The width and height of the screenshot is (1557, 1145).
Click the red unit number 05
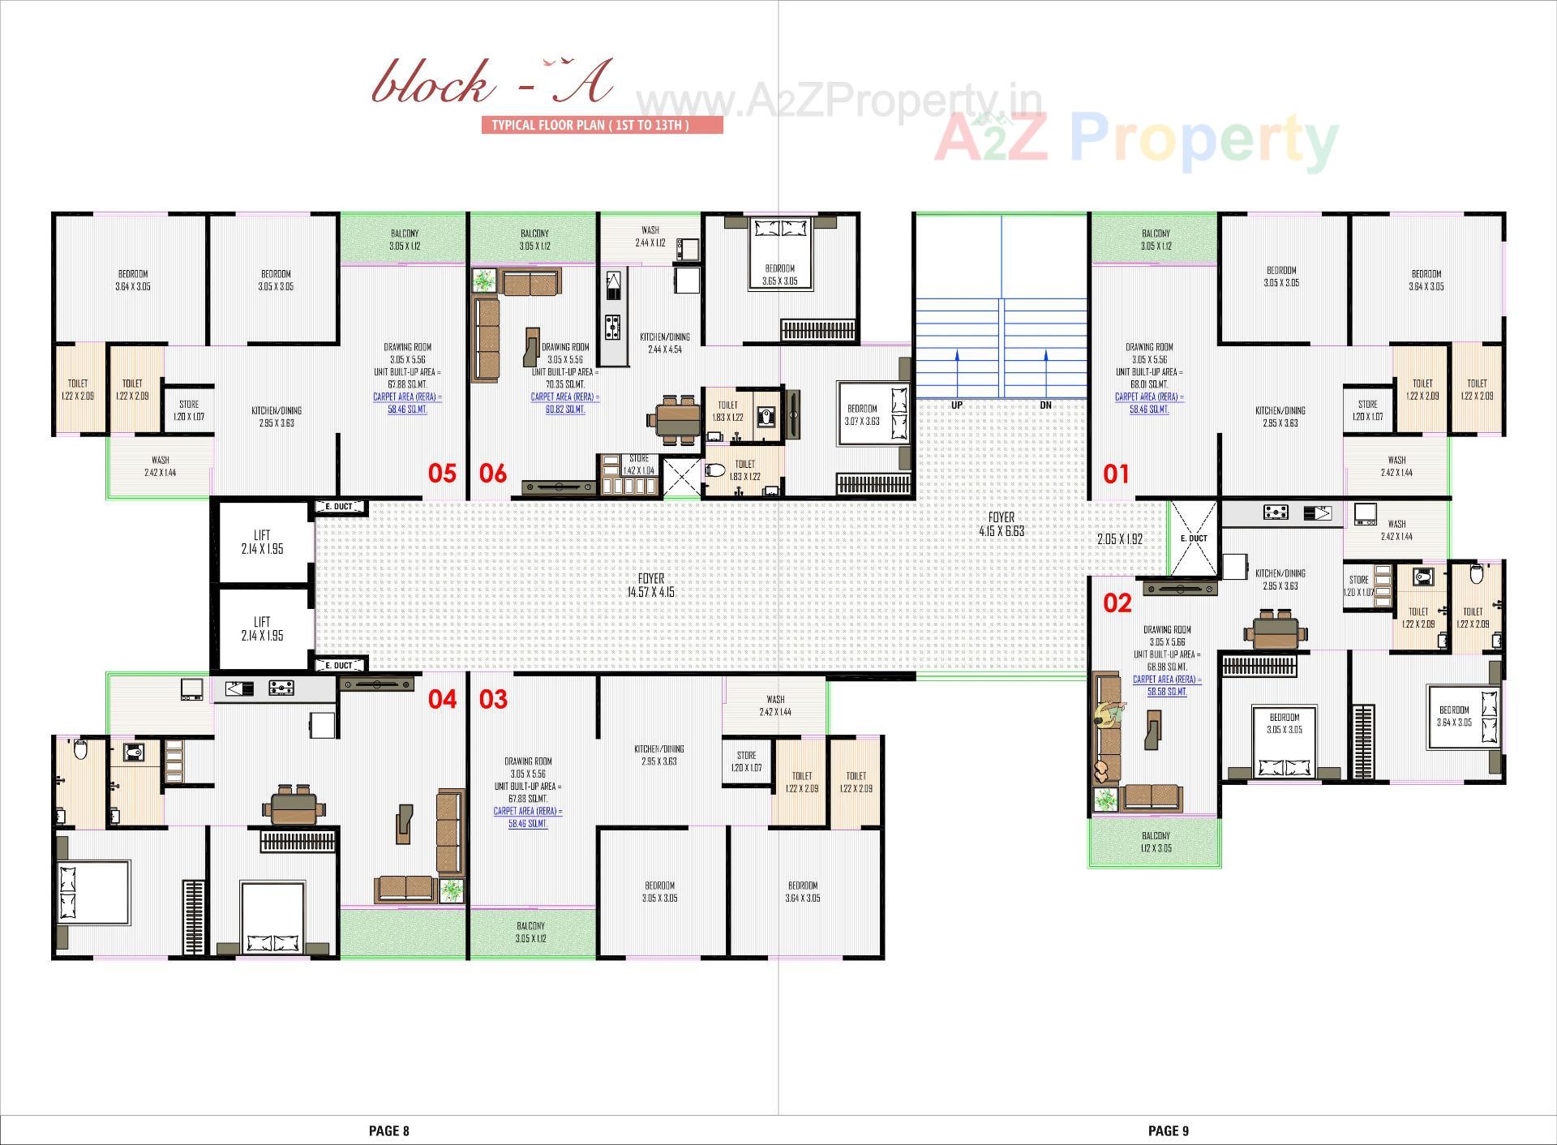pos(442,474)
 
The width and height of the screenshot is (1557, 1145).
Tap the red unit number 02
pos(1117,603)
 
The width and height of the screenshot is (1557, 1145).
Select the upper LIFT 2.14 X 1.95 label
pos(262,542)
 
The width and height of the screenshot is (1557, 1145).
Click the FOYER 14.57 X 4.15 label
pos(650,585)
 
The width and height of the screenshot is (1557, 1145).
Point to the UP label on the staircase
pos(957,405)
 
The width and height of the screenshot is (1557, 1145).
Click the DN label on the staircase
pos(1045,405)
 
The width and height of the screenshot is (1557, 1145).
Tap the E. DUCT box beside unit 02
pos(1193,538)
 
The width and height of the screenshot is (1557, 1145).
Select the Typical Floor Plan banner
pos(602,125)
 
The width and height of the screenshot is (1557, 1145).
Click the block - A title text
pos(492,84)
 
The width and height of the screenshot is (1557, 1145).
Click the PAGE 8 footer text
pos(389,1130)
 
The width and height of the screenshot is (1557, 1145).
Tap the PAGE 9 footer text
pos(1168,1130)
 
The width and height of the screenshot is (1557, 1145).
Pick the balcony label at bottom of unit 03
pos(530,932)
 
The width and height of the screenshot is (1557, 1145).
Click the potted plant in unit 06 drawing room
pos(484,281)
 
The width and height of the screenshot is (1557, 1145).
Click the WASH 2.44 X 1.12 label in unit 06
pos(650,236)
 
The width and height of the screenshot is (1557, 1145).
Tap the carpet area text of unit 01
pos(1149,403)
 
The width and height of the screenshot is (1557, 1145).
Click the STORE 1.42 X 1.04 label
pos(638,465)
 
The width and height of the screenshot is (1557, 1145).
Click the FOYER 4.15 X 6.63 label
pos(1001,524)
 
